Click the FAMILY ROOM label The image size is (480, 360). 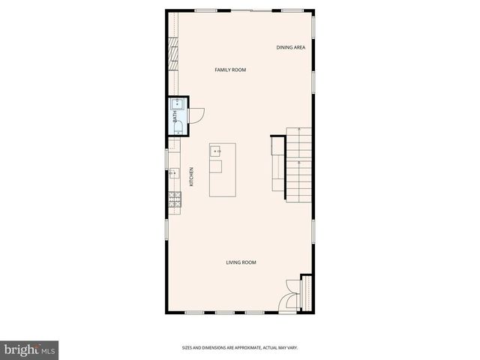coord(230,70)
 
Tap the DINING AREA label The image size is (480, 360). coord(290,47)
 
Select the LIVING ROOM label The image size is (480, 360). coord(241,262)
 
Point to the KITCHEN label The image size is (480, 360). coord(192,176)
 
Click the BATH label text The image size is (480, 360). coord(175,117)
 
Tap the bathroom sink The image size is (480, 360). coord(178,105)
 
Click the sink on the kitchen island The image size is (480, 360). coord(217,151)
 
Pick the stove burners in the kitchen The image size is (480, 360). coord(174,199)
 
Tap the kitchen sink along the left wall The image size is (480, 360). coord(173,172)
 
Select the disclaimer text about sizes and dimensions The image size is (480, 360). coord(241,347)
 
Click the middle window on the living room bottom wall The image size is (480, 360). coord(224,312)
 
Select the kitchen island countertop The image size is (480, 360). coord(223,171)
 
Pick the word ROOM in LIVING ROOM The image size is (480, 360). coord(249,262)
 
